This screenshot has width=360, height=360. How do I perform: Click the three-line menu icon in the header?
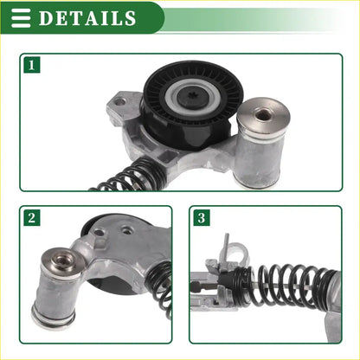21,17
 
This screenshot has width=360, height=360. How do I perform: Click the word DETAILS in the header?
87,18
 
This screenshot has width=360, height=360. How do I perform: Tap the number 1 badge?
31,65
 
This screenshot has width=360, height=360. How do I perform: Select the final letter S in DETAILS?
129,18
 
